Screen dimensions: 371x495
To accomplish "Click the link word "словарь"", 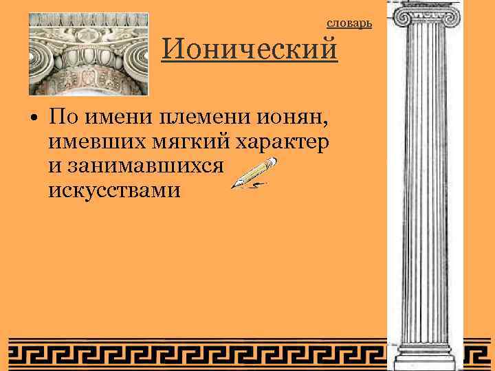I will pos(349,24).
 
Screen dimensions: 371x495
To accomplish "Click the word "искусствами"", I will pos(115,190).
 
